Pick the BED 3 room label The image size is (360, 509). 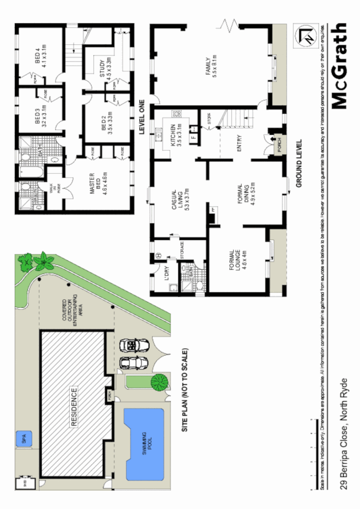pos(41,116)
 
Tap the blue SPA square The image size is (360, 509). pos(24,437)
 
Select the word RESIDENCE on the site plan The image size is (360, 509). pos(74,407)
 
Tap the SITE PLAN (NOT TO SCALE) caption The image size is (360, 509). pos(186,390)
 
